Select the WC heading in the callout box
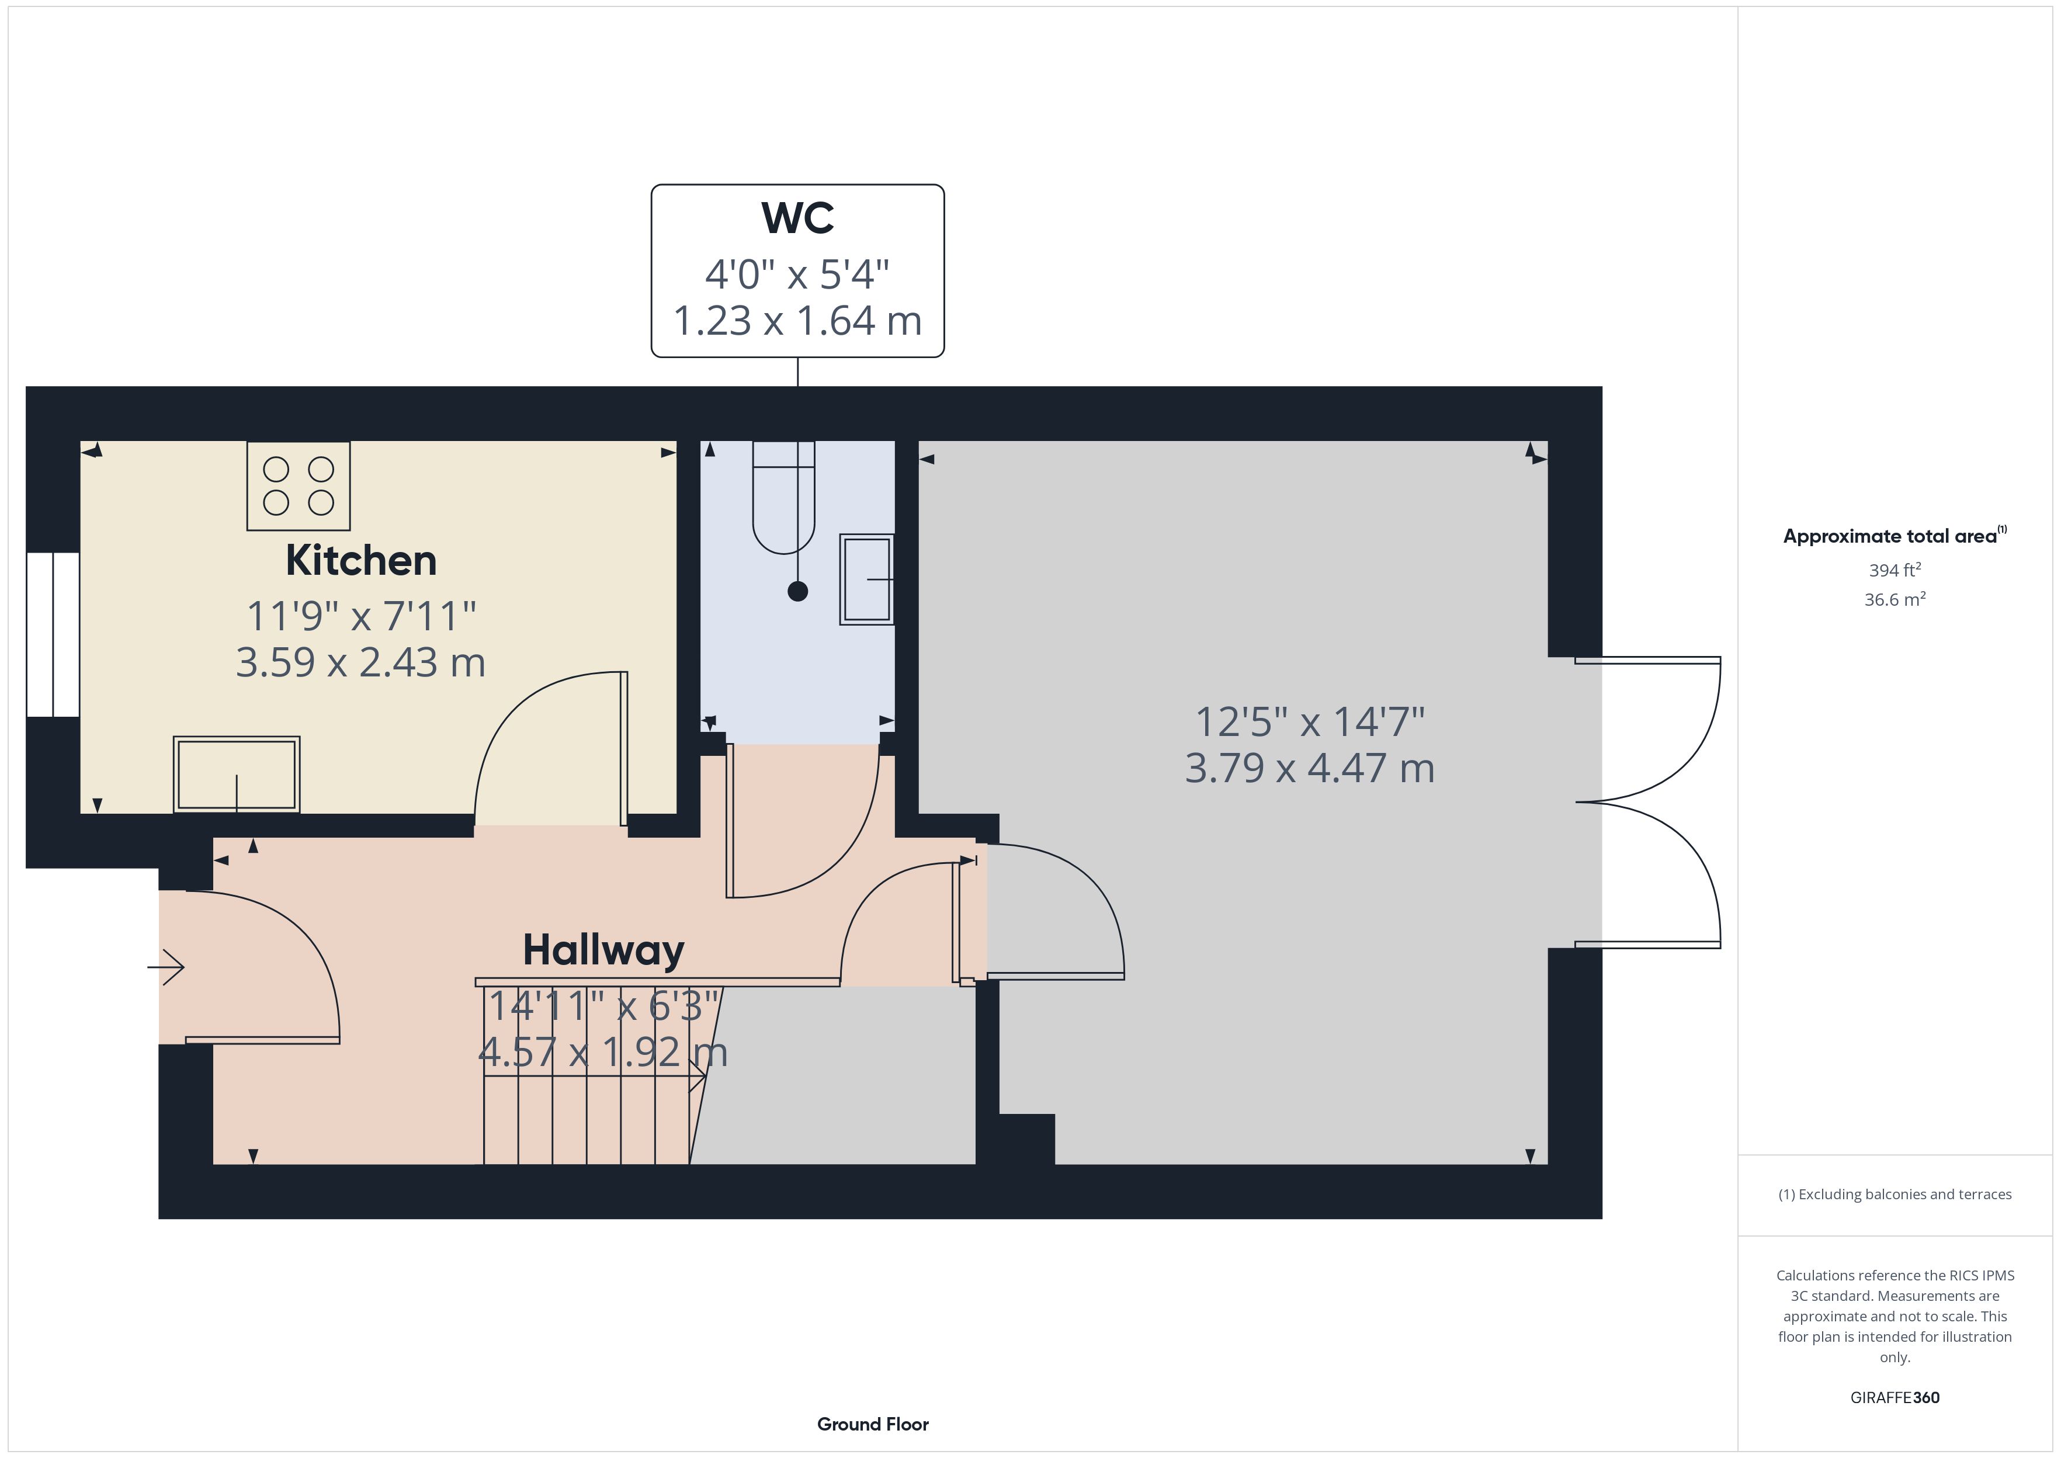pyautogui.click(x=797, y=217)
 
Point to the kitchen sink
pyautogui.click(x=236, y=774)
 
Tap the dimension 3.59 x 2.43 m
pyautogui.click(x=361, y=662)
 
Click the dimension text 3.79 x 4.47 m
pyautogui.click(x=1310, y=769)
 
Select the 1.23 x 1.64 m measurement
pyautogui.click(x=797, y=321)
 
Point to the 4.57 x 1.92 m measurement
pyautogui.click(x=602, y=1052)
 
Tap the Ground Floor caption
pyautogui.click(x=873, y=1424)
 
